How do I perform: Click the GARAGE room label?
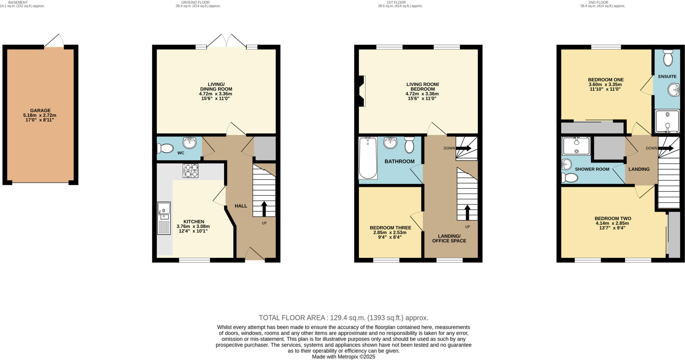pos(40,110)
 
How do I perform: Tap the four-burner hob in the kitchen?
pos(190,171)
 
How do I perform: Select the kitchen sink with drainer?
pos(164,218)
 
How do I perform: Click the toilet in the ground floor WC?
pos(165,148)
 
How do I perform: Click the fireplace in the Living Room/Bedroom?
pos(361,91)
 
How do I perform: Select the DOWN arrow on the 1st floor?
pos(464,148)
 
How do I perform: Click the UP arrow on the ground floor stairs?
pos(264,209)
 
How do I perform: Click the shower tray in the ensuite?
pos(667,121)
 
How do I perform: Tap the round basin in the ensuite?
pos(674,90)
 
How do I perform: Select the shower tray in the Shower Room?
pos(576,146)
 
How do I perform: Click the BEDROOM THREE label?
pos(390,228)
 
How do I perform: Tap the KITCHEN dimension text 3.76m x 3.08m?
pos(193,226)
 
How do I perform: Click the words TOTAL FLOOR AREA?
pos(292,318)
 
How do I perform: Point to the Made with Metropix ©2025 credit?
pos(344,357)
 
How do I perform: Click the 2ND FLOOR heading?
pos(602,2)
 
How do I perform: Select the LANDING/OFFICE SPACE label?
pos(449,238)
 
